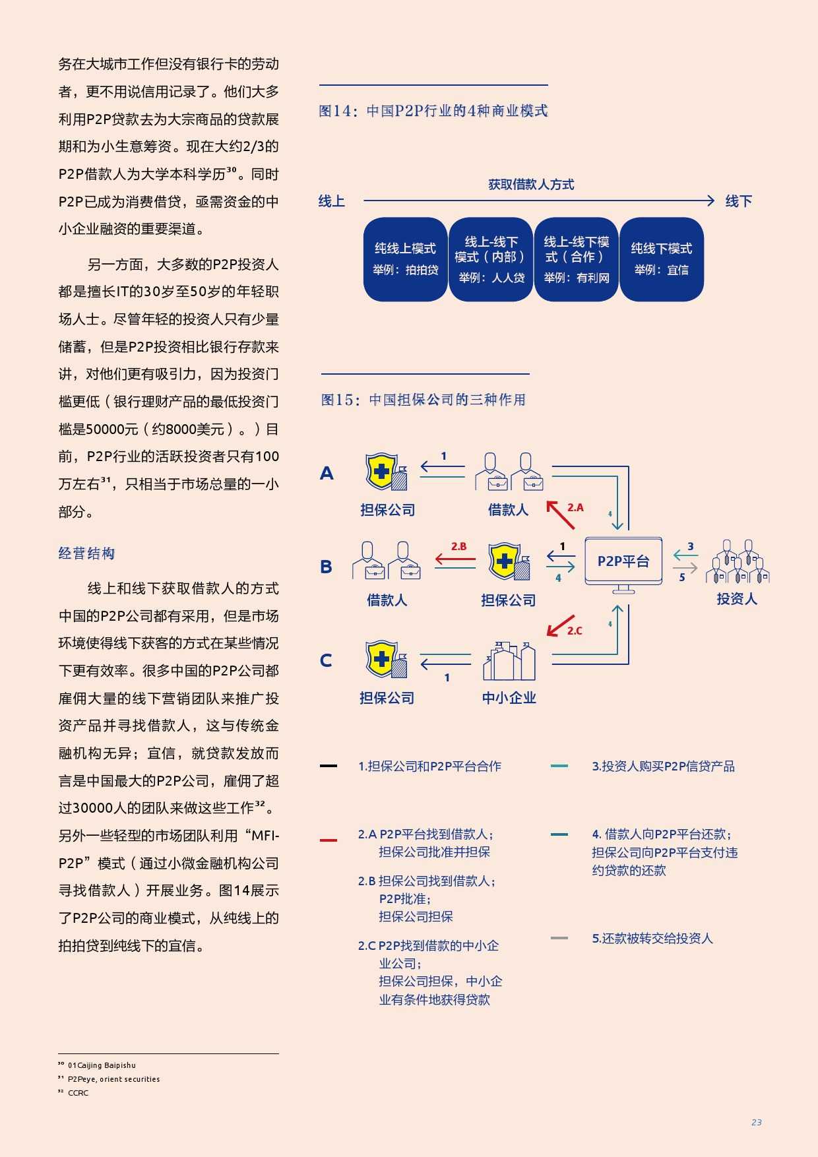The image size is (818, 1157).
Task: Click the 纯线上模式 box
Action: tap(405, 259)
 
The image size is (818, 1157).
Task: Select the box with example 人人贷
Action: tap(491, 259)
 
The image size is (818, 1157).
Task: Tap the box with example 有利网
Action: tap(576, 259)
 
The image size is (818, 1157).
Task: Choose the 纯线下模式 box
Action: tap(662, 259)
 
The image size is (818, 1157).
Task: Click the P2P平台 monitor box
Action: tap(623, 561)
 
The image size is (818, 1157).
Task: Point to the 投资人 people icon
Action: tap(738, 562)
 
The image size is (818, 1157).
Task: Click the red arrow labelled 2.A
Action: tap(561, 515)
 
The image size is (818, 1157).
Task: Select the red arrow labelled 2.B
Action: tap(455, 560)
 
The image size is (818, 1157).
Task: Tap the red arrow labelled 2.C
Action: tap(560, 625)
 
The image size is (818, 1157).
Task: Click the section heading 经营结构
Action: tap(86, 553)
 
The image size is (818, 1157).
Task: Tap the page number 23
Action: tap(756, 1122)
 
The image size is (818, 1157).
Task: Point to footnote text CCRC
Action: tap(78, 1093)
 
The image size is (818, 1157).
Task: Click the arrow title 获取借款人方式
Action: tap(531, 185)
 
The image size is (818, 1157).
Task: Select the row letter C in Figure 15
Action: tap(326, 661)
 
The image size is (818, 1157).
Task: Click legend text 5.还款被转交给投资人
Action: tap(652, 938)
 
